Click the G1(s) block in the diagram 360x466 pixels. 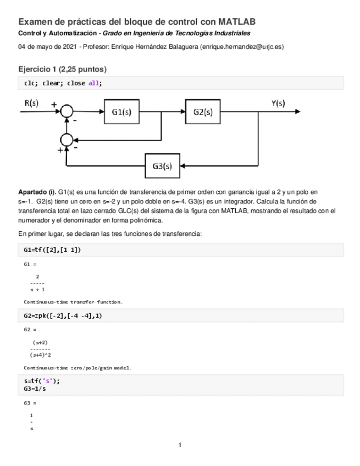point(120,111)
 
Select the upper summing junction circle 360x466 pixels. point(67,112)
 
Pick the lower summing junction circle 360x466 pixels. point(67,140)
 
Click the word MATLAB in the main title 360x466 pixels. point(237,22)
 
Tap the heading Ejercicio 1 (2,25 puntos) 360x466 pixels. point(62,69)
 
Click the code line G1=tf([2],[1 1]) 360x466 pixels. point(53,250)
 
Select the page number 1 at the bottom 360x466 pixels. point(180,445)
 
